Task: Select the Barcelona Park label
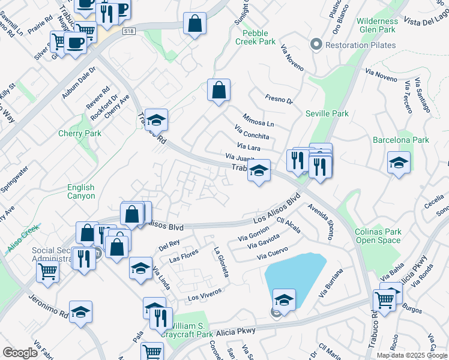coord(401,140)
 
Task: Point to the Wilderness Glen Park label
coord(376,25)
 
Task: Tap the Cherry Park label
coord(80,133)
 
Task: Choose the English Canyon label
coord(81,192)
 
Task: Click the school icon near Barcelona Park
coord(399,163)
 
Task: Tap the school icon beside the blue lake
coord(284,300)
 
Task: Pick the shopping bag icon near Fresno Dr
coord(219,91)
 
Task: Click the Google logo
coord(20,353)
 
